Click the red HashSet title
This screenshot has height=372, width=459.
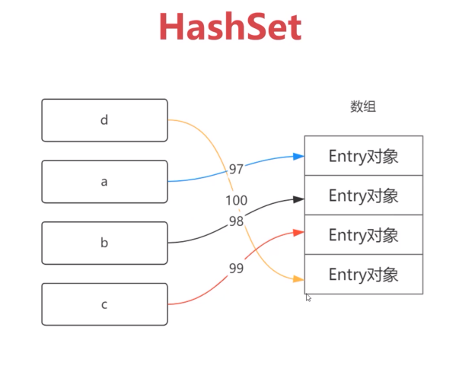pyautogui.click(x=230, y=27)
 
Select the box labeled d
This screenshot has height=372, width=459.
pyautogui.click(x=104, y=120)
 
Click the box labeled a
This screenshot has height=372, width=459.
pyautogui.click(x=104, y=182)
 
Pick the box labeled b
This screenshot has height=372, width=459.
pyautogui.click(x=104, y=243)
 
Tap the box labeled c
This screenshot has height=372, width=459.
pyautogui.click(x=104, y=305)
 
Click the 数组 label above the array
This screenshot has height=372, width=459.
pyautogui.click(x=363, y=107)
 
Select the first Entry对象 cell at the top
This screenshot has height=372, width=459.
pyautogui.click(x=363, y=156)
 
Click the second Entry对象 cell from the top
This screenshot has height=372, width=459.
pyautogui.click(x=363, y=196)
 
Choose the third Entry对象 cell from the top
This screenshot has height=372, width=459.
pyautogui.click(x=363, y=235)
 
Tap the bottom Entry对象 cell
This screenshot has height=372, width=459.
pyautogui.click(x=363, y=275)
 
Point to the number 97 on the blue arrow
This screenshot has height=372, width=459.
pyautogui.click(x=237, y=168)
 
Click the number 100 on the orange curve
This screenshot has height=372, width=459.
pyautogui.click(x=236, y=201)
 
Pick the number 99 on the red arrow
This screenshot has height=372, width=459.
pyautogui.click(x=237, y=269)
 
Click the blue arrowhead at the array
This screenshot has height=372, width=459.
pyautogui.click(x=299, y=157)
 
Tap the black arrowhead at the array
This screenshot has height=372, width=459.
pyautogui.click(x=299, y=199)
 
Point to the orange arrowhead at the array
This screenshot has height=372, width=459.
pyautogui.click(x=299, y=280)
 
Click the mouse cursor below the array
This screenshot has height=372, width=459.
pyautogui.click(x=308, y=298)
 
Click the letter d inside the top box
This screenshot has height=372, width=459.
pyautogui.click(x=104, y=120)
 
